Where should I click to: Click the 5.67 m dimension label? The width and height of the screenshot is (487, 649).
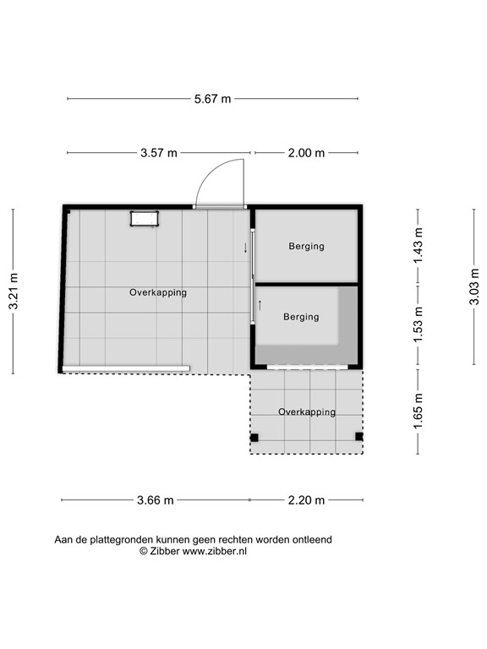[x=212, y=99]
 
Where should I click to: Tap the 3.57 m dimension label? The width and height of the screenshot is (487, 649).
[x=159, y=153]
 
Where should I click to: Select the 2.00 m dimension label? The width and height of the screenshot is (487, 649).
[x=306, y=153]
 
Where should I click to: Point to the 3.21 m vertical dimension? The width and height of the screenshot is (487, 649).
[x=14, y=291]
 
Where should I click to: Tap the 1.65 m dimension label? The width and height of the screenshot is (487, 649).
[x=418, y=412]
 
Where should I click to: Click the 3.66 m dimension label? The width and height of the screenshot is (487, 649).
[x=156, y=500]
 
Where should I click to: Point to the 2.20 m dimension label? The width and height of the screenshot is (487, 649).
[x=307, y=500]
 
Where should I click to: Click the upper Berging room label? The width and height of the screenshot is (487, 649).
[x=306, y=247]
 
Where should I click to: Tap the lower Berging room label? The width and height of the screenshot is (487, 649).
[x=301, y=317]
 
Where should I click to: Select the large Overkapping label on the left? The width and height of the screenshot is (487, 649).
[x=158, y=292]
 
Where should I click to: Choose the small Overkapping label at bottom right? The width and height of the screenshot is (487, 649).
[x=307, y=412]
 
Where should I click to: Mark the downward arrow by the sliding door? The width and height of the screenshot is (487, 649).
[x=245, y=248]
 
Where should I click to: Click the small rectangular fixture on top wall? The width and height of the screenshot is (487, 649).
[x=144, y=219]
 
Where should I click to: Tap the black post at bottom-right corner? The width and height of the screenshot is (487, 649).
[x=358, y=437]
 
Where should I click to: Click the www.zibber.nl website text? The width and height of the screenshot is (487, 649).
[x=215, y=550]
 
